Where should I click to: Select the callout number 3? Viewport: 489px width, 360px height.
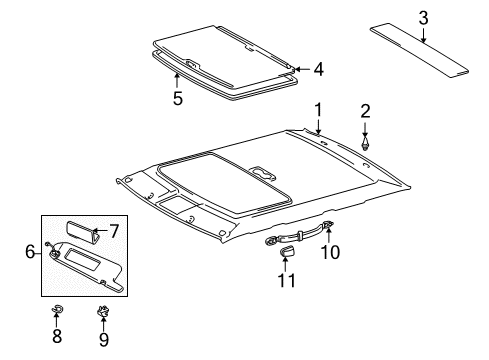point(423,16)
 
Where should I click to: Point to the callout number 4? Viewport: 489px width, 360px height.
point(318,69)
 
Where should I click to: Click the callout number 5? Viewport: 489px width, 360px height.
point(178,98)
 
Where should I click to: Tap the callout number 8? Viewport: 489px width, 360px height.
point(57,337)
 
